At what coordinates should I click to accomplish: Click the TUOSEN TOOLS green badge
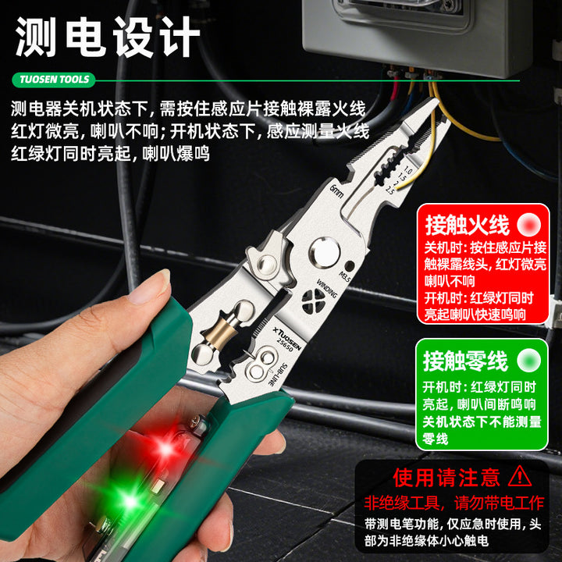pos(54,80)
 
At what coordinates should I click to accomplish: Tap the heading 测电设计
pos(107,37)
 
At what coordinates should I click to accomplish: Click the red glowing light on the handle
pos(166,448)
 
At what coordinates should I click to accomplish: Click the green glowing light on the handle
pos(130,500)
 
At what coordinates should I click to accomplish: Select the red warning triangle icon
pos(520,477)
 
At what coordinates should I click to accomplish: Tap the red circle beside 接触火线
pos(529,225)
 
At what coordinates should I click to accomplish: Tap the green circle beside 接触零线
pos(528,360)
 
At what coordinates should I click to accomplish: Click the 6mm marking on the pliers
pos(336,192)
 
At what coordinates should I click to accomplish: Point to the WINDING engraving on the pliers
pos(326,288)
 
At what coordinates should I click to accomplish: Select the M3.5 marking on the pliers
pos(344,277)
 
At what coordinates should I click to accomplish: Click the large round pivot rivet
pos(325,252)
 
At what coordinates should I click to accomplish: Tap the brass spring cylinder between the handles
pos(219,333)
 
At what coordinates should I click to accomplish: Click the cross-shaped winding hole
pos(313,300)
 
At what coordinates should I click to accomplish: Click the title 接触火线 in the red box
pos(467,225)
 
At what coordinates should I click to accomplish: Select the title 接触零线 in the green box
pos(465,361)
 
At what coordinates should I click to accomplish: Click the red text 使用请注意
pos(446,478)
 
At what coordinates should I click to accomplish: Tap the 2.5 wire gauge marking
pos(389,190)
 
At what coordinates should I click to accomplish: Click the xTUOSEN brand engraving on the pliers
pos(287,338)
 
